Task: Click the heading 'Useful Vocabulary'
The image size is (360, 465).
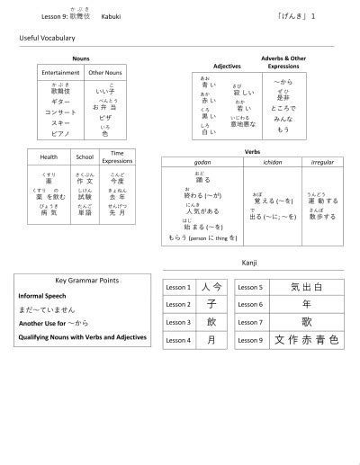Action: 47,39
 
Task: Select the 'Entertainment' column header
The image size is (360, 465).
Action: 60,72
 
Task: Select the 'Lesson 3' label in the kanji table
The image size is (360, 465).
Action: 178,321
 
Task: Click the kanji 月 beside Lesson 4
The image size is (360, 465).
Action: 211,339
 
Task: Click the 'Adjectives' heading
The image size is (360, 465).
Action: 227,66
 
